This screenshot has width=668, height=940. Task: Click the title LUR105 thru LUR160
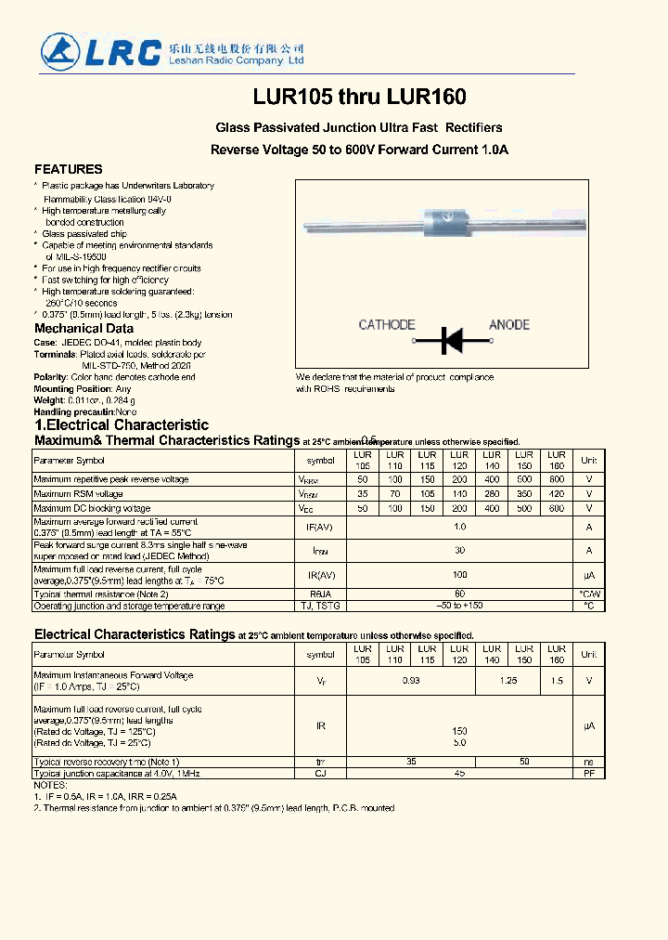(x=359, y=97)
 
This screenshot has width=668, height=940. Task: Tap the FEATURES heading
(x=69, y=169)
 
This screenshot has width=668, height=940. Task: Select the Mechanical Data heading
(x=83, y=329)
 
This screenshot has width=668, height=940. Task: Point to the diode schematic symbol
(x=451, y=341)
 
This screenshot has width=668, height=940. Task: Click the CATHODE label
(x=387, y=324)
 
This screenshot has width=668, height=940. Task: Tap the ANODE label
(x=509, y=324)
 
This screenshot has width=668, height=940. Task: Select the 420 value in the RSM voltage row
(x=556, y=494)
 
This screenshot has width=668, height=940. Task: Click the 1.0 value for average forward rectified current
(x=459, y=527)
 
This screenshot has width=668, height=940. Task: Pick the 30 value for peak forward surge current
(x=459, y=550)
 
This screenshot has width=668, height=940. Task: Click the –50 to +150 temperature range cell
(x=459, y=606)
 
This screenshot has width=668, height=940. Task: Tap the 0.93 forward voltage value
(x=411, y=681)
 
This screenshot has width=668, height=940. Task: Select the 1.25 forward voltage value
(x=507, y=681)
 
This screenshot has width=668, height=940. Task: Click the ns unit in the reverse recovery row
(x=588, y=762)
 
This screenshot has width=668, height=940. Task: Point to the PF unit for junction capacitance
(x=588, y=773)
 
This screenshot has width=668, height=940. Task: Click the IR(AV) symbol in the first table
(x=321, y=575)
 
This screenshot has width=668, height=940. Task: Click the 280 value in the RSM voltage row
(x=492, y=494)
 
